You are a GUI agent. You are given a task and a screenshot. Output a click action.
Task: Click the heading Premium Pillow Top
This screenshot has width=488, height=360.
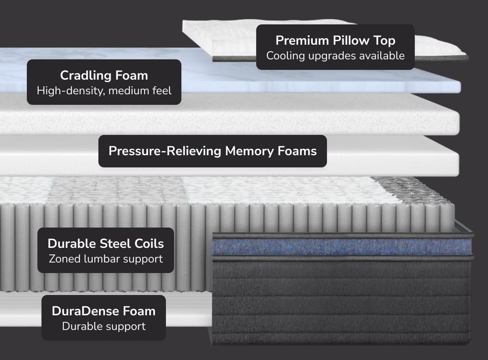point(335,41)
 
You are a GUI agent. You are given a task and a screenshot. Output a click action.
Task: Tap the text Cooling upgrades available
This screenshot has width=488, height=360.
point(335,56)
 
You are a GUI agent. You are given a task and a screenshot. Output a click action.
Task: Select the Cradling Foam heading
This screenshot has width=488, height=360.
point(104,75)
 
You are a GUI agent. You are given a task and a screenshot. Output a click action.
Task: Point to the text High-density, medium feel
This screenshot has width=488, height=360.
point(104,90)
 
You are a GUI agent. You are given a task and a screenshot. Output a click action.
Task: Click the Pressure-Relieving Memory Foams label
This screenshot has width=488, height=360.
point(212,151)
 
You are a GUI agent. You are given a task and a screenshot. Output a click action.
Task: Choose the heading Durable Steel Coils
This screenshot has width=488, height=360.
point(106,243)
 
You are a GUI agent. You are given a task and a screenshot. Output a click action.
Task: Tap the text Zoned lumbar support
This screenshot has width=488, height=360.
point(106,258)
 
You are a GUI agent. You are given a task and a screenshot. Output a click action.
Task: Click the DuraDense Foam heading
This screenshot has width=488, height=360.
point(103,311)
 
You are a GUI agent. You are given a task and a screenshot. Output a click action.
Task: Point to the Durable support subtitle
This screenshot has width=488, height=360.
point(103,326)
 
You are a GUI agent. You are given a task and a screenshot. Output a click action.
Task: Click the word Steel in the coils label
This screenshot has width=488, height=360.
point(115,243)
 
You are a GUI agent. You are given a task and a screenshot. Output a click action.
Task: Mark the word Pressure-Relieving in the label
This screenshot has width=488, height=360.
point(165,151)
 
